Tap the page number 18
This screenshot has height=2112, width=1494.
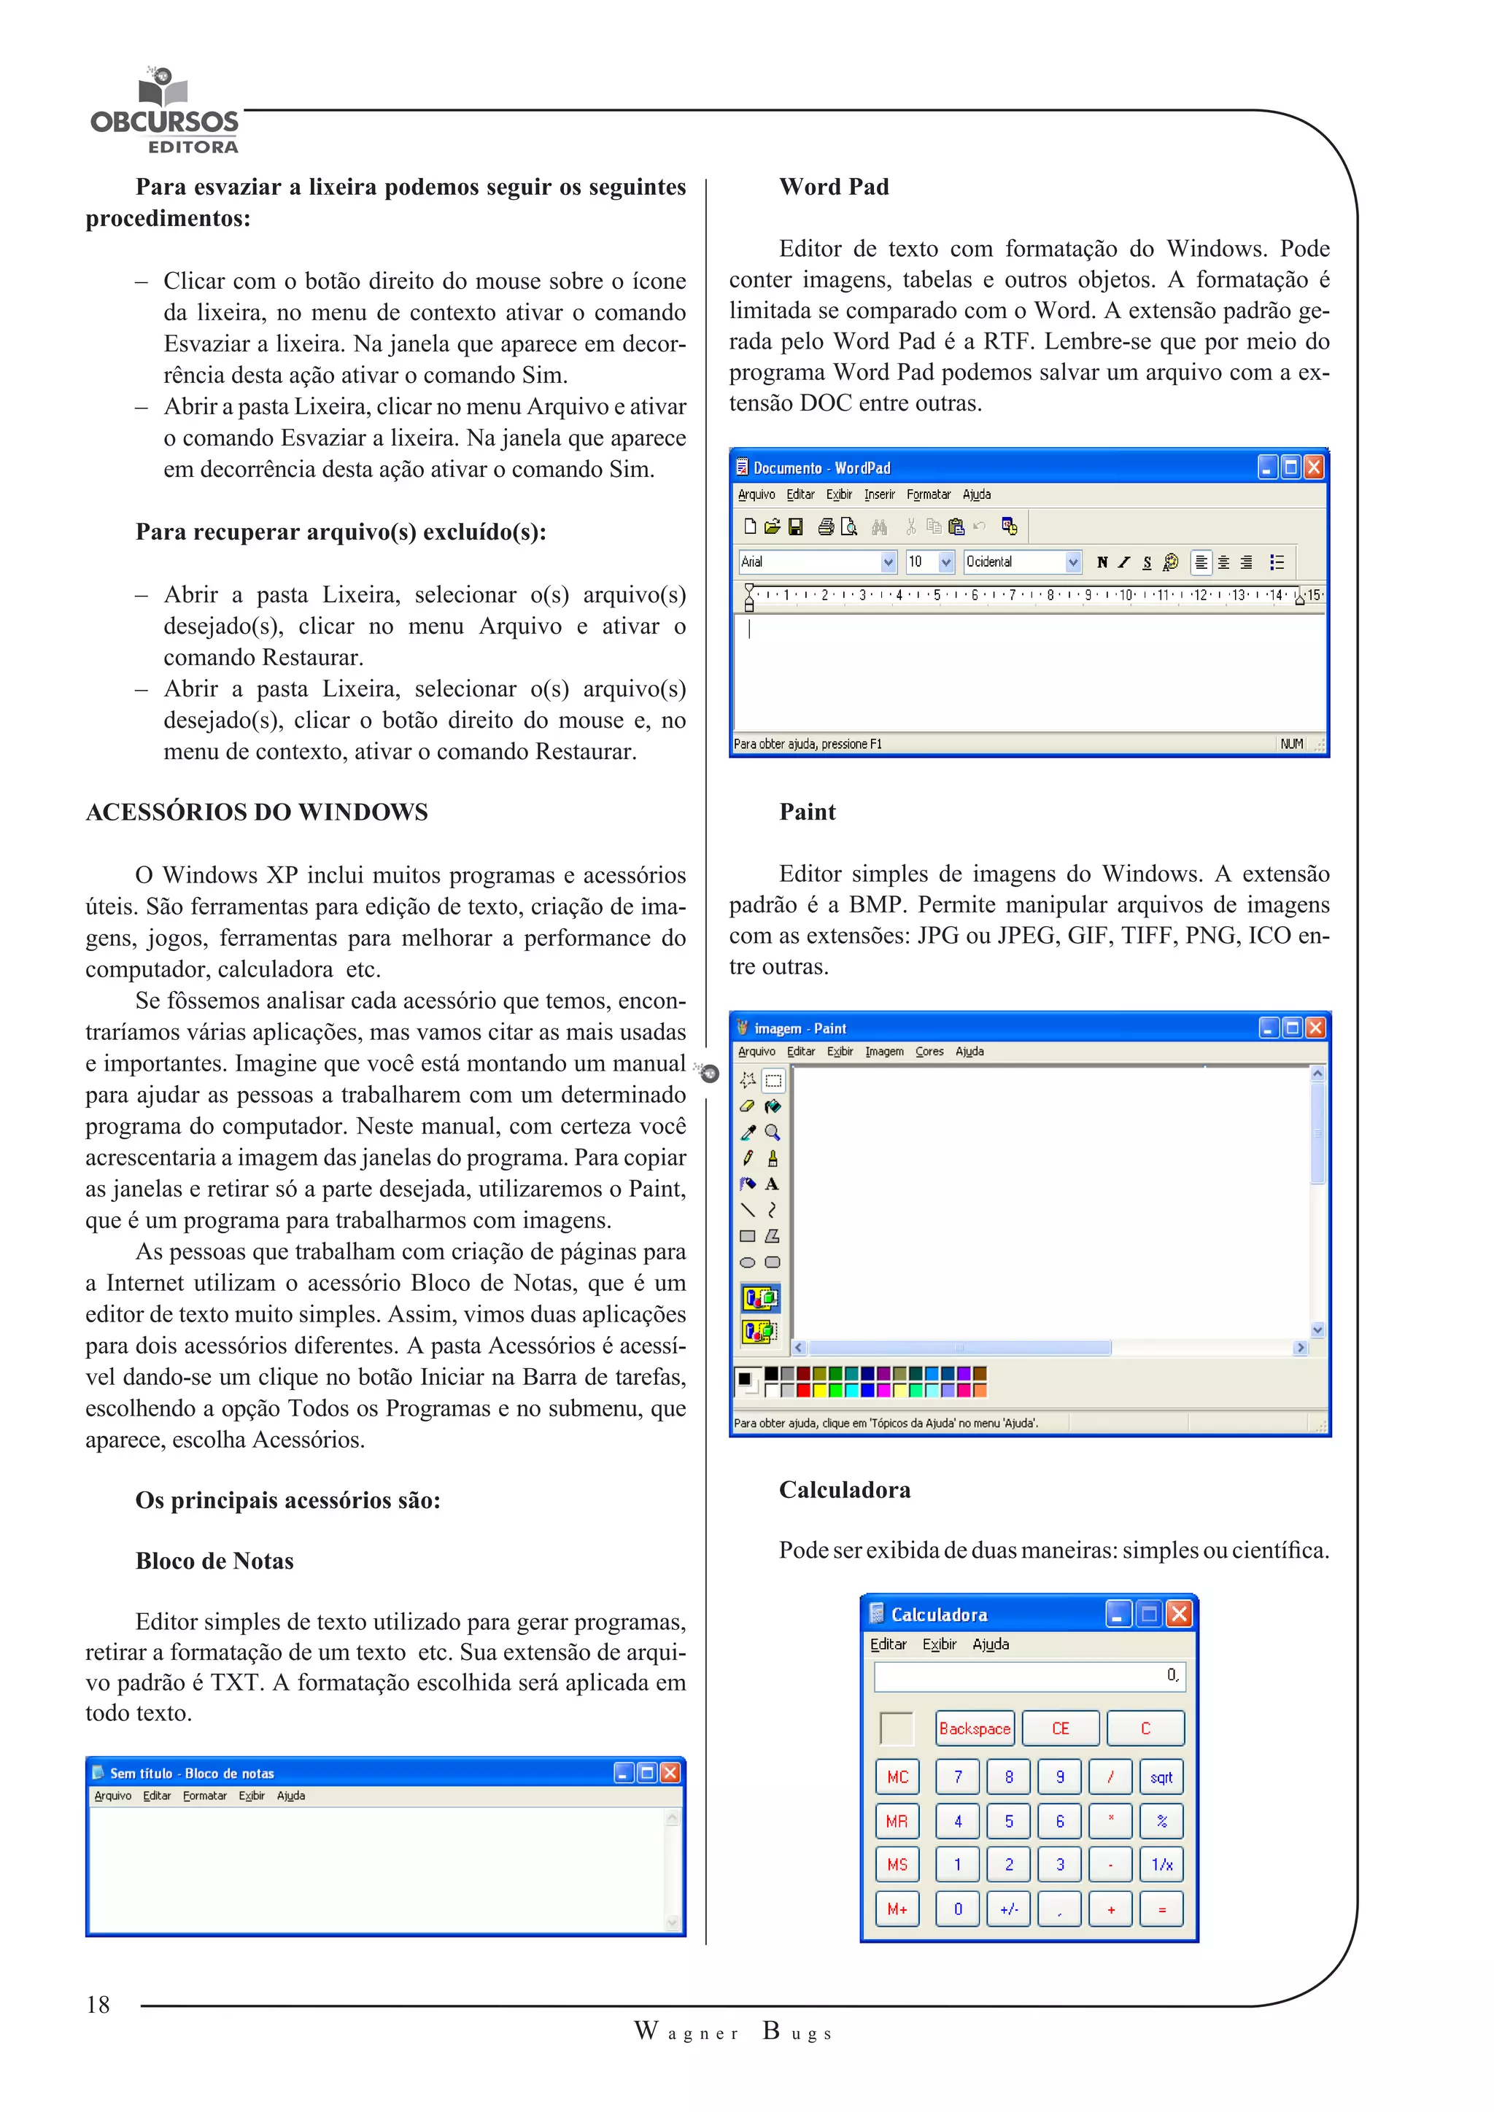point(98,2006)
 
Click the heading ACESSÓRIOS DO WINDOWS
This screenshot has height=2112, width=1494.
point(257,812)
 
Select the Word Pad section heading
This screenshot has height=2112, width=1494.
point(834,187)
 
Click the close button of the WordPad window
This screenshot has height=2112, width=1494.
point(1314,467)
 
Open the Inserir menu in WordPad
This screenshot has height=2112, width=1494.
point(878,495)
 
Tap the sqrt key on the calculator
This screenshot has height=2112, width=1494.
point(1161,1777)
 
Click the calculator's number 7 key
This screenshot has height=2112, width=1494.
point(958,1777)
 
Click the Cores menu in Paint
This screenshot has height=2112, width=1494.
point(929,1052)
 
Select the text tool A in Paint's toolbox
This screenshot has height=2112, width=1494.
point(772,1184)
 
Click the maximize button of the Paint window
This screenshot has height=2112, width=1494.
point(1292,1028)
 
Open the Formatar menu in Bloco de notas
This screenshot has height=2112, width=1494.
point(204,1795)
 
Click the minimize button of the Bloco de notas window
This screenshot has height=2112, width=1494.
point(624,1773)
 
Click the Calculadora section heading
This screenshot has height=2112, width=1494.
point(845,1490)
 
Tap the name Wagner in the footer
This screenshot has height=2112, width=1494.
point(686,2032)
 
